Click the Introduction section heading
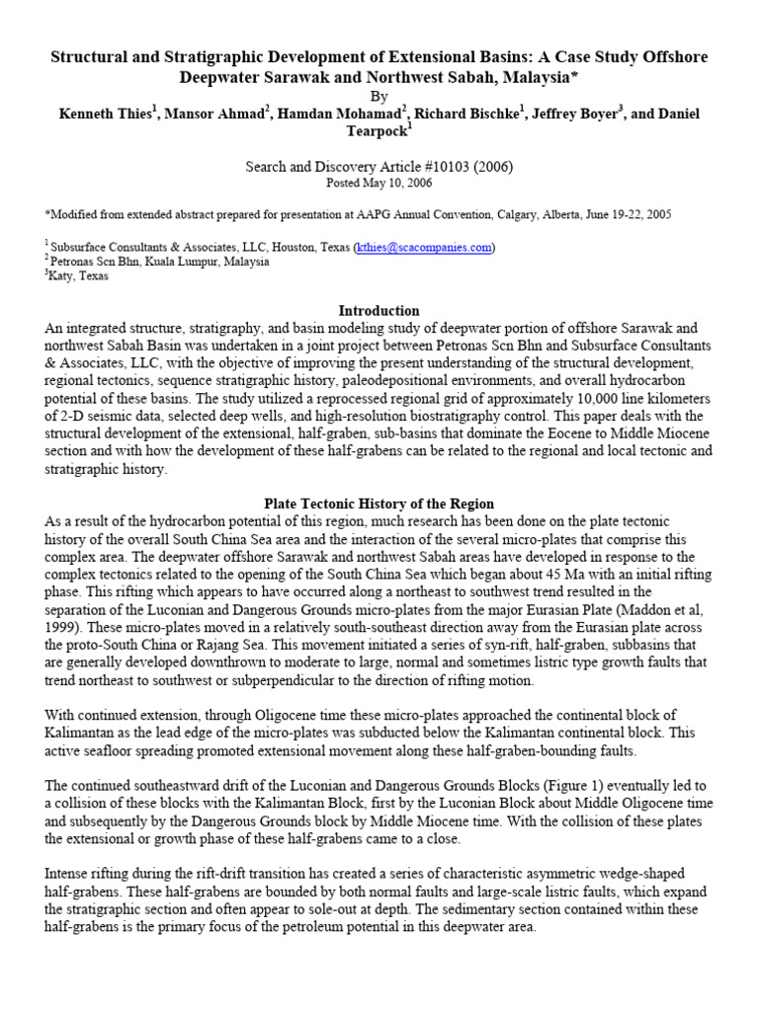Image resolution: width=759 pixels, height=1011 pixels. point(379,310)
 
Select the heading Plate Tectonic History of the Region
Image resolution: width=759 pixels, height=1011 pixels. point(379,504)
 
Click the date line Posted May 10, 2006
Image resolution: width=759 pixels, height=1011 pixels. point(379,183)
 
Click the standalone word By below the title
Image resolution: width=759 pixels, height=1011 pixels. point(379,97)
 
